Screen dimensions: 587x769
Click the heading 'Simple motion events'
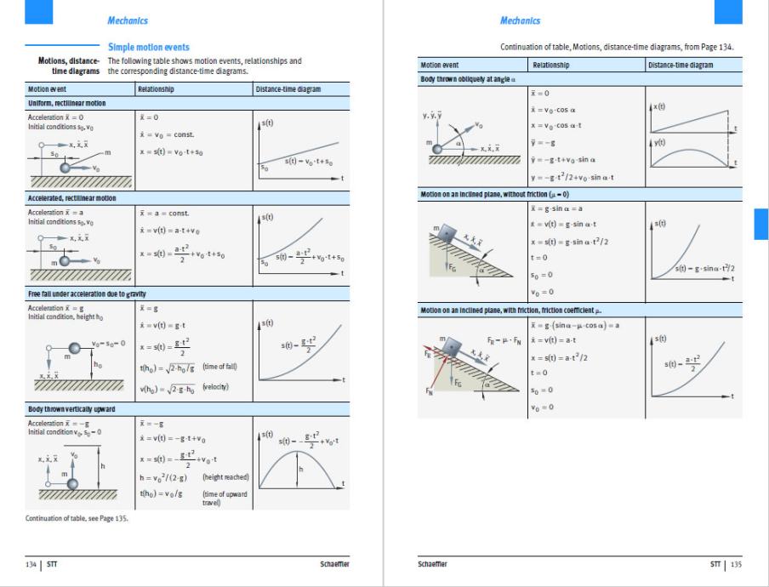(x=148, y=48)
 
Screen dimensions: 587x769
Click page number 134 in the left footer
(x=32, y=563)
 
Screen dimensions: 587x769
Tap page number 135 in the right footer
(x=736, y=563)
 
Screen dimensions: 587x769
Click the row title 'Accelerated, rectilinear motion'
(x=72, y=198)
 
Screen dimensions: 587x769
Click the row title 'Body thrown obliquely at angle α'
(x=467, y=79)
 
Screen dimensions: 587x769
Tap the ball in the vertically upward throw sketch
(x=73, y=483)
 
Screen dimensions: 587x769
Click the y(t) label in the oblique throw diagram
(x=659, y=143)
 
